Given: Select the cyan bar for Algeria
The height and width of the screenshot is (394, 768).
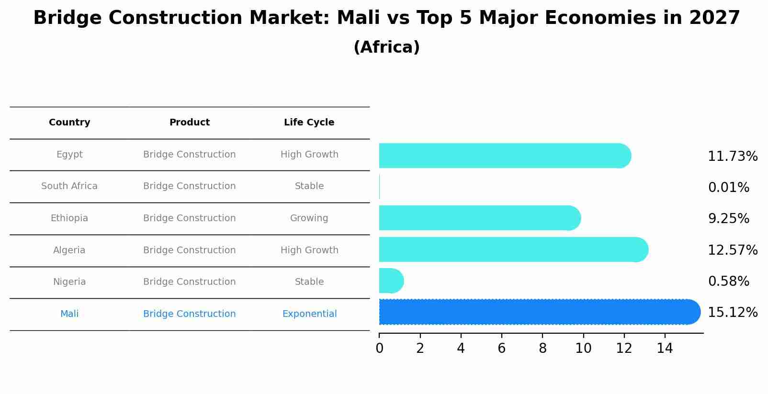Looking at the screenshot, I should pos(512,249).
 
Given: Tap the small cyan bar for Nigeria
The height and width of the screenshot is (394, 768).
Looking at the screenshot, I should pos(391,281).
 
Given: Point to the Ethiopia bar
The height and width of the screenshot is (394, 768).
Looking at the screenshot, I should pos(479,218).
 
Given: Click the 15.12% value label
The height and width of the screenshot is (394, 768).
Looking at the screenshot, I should pos(732,313).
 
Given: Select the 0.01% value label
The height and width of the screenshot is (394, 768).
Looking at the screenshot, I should pos(728,188).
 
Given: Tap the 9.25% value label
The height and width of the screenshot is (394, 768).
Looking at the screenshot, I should pos(728,219).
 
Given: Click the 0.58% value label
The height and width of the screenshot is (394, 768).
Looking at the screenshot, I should pos(728,281).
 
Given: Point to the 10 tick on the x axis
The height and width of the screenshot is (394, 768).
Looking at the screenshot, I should pos(583,349).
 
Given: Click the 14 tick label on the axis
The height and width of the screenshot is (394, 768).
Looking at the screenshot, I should pos(665,349).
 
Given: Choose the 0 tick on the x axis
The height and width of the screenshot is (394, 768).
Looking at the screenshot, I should pos(379,349).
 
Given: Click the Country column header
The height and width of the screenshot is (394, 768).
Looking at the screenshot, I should pos(69,123).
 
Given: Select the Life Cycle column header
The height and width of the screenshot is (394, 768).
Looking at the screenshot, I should pos(309,123).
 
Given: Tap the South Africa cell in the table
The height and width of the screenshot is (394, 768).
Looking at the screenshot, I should pos(69,186).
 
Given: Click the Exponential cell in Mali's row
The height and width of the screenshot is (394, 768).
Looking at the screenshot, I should pos(309,314).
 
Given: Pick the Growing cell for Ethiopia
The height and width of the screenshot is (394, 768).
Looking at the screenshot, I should pos(309,218).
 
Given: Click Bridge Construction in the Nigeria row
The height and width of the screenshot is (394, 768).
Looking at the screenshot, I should pos(189,282).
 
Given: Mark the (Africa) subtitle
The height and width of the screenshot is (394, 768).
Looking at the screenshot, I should pos(386,47).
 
